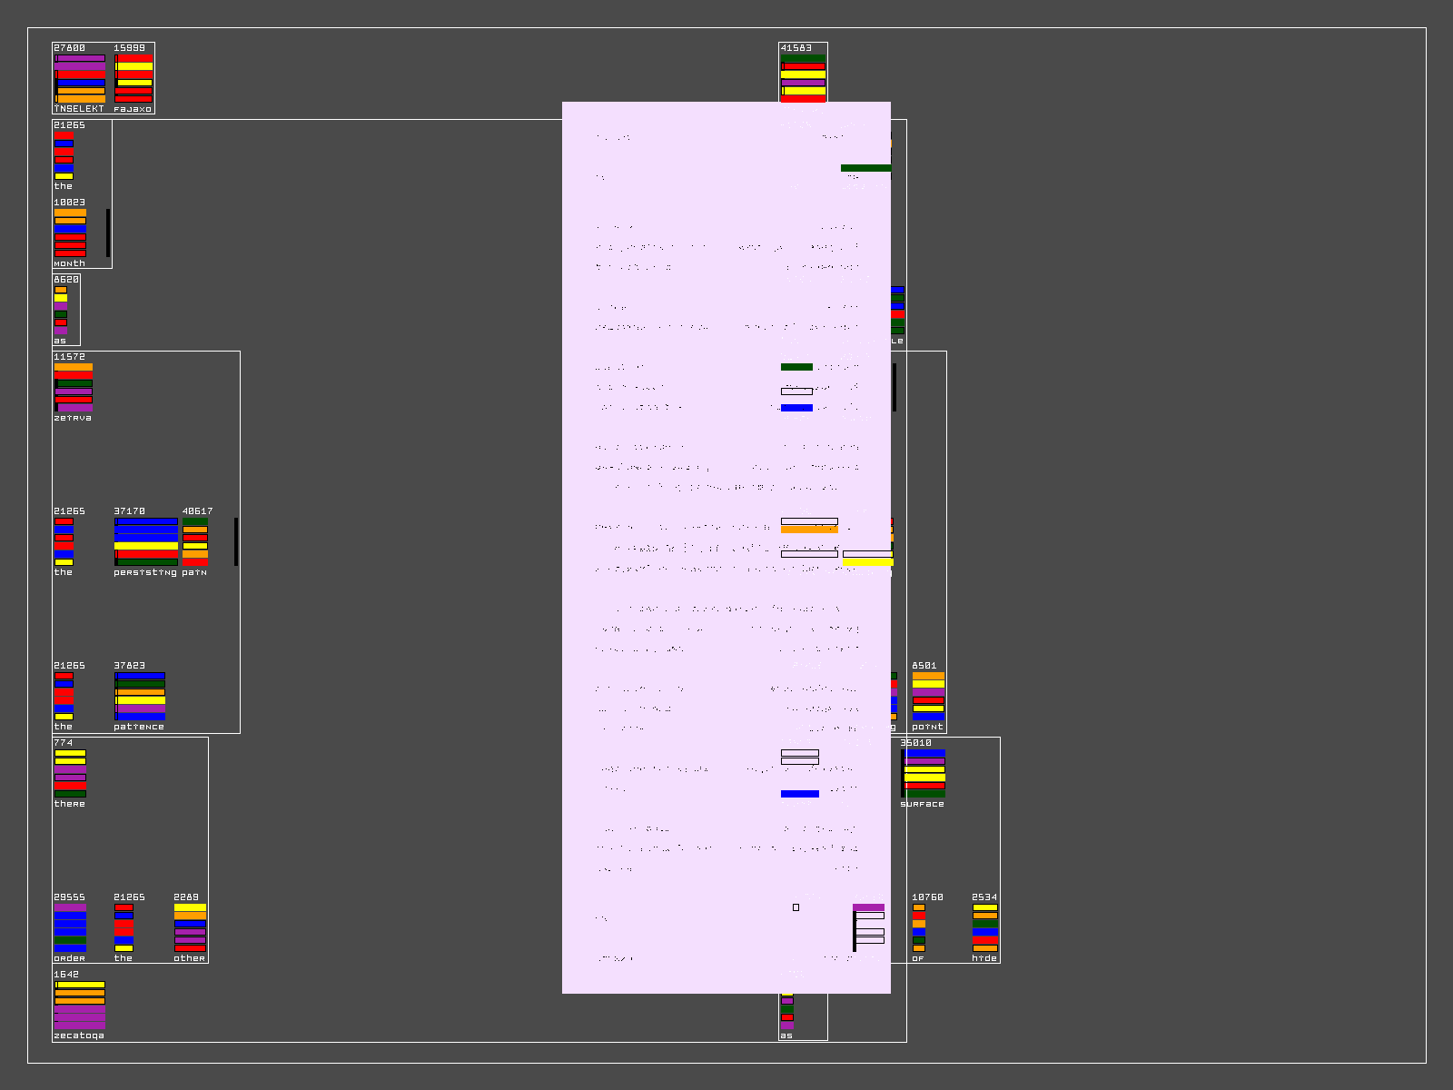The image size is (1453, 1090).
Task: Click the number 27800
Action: coord(69,48)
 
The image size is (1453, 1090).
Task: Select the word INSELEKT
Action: coord(78,109)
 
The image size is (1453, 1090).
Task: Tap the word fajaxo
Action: coord(133,109)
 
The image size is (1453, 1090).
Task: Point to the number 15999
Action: coord(129,48)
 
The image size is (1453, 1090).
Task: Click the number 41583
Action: coord(796,48)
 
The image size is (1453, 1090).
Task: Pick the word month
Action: coord(69,263)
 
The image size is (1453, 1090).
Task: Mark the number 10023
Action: coord(69,203)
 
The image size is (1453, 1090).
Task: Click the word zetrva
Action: coord(73,418)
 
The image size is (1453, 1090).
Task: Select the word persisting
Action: coord(145,572)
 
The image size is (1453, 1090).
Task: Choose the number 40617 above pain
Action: coord(197,511)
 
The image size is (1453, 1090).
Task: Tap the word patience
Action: coord(139,727)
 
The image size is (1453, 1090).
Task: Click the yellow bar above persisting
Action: coord(146,546)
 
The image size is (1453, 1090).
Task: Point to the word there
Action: coord(69,804)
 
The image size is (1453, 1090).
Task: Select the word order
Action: coord(69,958)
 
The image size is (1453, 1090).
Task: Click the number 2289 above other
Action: coord(186,897)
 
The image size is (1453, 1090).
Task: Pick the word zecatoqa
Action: coord(79,1035)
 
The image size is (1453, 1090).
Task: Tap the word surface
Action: coord(922,804)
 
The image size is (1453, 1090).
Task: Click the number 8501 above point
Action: coord(924,666)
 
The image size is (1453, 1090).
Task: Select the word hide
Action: coord(984,958)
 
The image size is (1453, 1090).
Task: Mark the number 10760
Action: coord(927,897)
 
